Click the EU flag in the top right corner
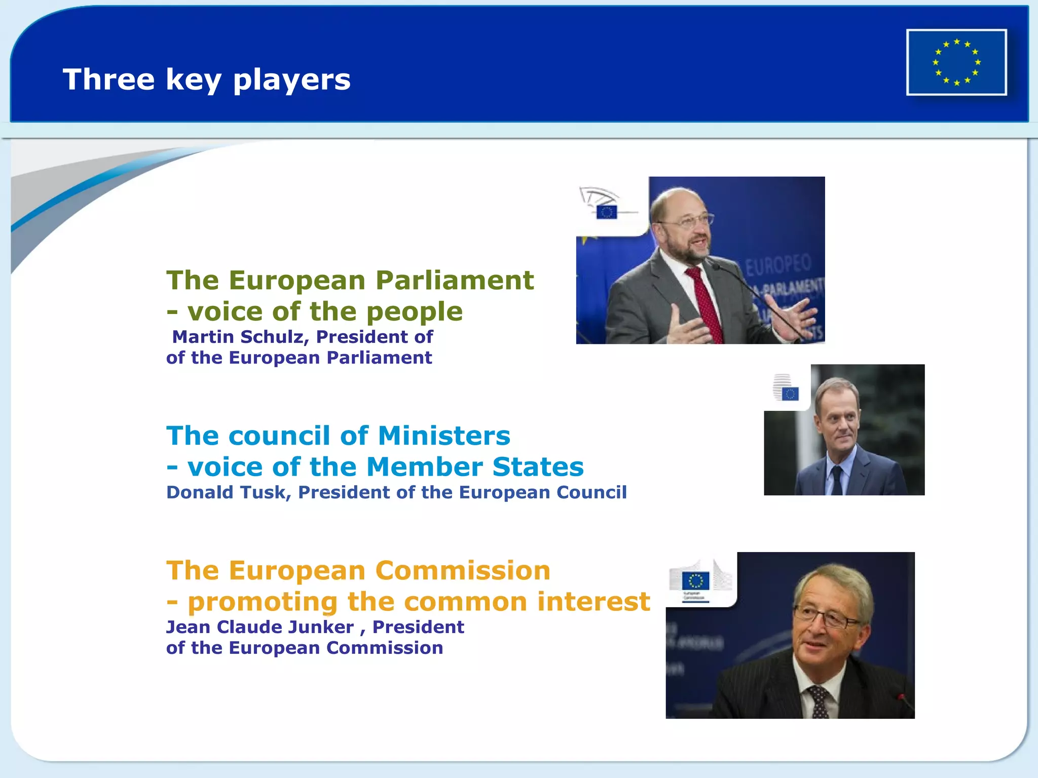[x=956, y=62]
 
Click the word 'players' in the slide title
[x=291, y=80]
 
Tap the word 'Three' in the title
[x=108, y=79]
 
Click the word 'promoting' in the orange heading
[x=263, y=603]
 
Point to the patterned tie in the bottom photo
[x=819, y=702]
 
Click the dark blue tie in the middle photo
[x=837, y=479]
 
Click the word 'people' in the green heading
[x=414, y=312]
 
